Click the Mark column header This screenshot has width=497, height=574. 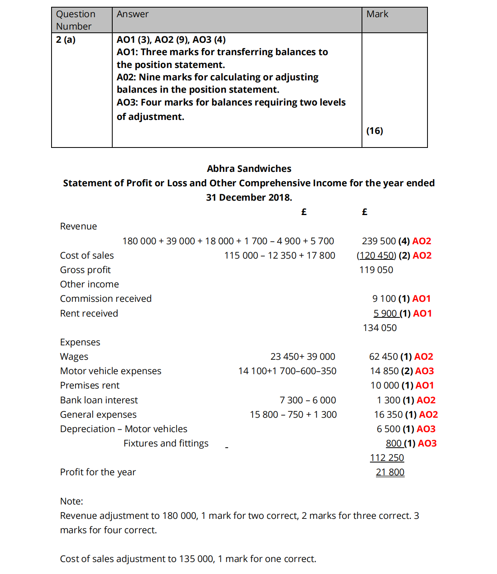coord(377,14)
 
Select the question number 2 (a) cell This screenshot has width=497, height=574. coord(66,40)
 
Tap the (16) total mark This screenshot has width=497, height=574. coord(375,131)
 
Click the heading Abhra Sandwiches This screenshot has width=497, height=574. coord(249,169)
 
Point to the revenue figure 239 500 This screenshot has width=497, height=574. coord(378,241)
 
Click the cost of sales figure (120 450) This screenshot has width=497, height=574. coord(376,255)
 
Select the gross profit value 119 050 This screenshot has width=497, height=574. coord(376,270)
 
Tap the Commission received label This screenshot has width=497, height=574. coord(106,299)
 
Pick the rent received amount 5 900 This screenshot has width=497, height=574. coord(385,313)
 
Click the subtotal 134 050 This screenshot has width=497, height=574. coord(380,328)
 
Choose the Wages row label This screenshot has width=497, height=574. coord(74,357)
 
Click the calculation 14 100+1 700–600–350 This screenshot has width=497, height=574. coord(287,371)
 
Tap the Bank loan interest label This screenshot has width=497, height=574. coord(99,400)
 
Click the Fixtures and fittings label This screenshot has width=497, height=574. coord(166,443)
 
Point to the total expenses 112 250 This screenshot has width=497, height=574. coord(387,458)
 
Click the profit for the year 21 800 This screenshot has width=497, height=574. coord(390,472)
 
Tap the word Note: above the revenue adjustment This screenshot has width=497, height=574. coord(72,501)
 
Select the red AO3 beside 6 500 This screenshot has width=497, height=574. coord(426,429)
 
